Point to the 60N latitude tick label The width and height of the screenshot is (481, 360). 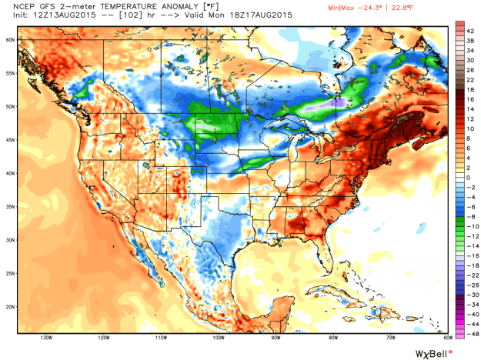pyautogui.click(x=10, y=38)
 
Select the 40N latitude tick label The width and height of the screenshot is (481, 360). pyautogui.click(x=10, y=173)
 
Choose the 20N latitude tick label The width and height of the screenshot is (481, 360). pyautogui.click(x=10, y=305)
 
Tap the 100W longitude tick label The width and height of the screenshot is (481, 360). pyautogui.click(x=218, y=337)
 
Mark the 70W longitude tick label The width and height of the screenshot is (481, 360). pyautogui.click(x=389, y=337)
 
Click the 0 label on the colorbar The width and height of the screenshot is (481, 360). pyautogui.click(x=469, y=177)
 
